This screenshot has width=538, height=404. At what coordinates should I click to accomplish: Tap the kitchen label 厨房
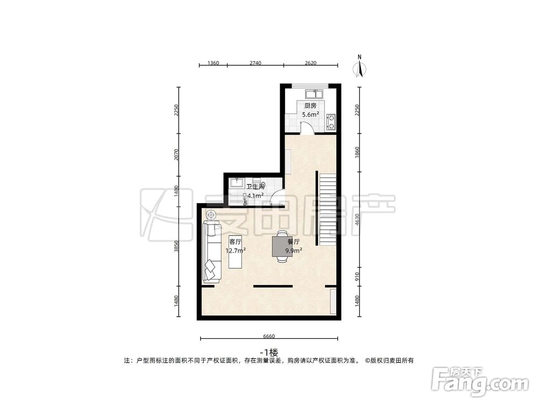(x=310, y=106)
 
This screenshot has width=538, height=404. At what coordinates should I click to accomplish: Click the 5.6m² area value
(x=310, y=114)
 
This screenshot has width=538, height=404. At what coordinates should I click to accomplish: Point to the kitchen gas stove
(x=331, y=122)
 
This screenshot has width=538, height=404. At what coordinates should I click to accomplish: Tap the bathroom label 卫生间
(x=256, y=187)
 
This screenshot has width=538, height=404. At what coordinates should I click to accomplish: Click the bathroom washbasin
(x=237, y=183)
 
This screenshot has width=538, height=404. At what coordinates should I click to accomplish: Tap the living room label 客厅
(x=236, y=242)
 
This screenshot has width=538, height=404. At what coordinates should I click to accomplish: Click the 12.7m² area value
(x=236, y=250)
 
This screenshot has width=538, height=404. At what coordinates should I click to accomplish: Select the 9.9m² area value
(x=294, y=250)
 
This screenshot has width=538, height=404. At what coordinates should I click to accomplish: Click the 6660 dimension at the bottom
(x=269, y=336)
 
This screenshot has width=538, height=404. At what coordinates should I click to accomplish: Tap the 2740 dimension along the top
(x=255, y=63)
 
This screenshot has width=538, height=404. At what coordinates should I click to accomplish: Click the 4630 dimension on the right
(x=357, y=220)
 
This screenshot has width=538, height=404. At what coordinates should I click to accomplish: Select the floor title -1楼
(x=269, y=352)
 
